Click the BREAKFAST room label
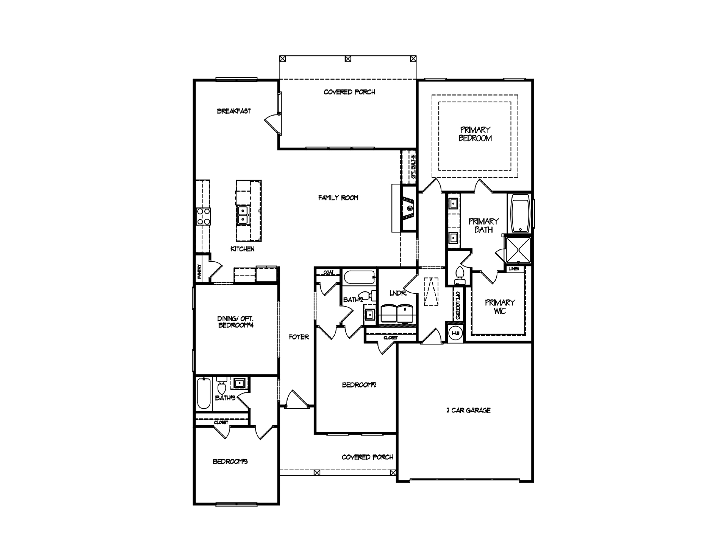[234, 111]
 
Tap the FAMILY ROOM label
[338, 198]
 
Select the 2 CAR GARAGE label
[468, 410]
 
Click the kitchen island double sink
[243, 215]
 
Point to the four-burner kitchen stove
[203, 216]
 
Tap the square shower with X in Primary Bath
[518, 250]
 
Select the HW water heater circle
[456, 333]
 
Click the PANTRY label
[199, 272]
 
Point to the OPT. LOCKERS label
[458, 305]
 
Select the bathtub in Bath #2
[358, 278]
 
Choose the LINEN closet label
[514, 269]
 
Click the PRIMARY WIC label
[500, 307]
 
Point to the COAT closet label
[328, 272]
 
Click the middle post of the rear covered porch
[348, 59]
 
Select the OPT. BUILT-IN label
[413, 166]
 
